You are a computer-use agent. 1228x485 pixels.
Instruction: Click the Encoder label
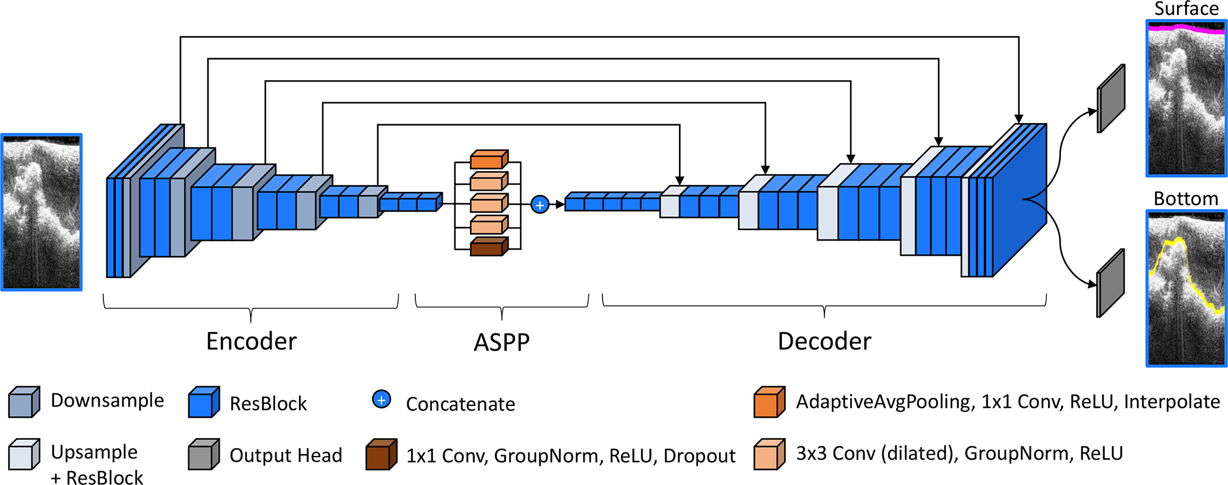[251, 341]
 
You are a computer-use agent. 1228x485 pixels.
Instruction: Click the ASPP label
[501, 342]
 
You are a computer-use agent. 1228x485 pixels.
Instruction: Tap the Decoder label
[824, 341]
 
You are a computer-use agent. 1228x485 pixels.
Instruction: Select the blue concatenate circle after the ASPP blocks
[539, 205]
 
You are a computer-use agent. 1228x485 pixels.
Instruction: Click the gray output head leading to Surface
[1110, 99]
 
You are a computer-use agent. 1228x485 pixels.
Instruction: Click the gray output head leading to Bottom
[1110, 283]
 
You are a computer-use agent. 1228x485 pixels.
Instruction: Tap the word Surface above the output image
[1186, 9]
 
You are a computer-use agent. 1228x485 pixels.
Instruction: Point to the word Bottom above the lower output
[1185, 199]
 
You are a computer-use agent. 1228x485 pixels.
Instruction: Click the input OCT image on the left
[42, 212]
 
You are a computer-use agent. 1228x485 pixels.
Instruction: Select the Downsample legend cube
[24, 402]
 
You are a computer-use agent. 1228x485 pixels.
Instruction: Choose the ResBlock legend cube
[204, 402]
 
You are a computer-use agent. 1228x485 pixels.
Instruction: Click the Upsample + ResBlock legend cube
[24, 455]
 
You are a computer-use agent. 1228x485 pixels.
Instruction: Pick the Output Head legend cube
[204, 455]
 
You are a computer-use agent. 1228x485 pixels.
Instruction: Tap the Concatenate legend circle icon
[381, 399]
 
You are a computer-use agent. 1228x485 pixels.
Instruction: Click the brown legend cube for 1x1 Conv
[381, 455]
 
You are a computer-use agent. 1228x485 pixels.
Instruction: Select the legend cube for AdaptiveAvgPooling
[769, 402]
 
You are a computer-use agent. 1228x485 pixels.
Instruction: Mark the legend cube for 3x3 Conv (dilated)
[769, 455]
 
